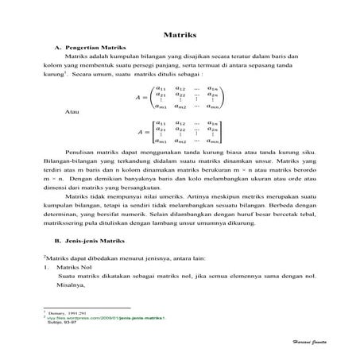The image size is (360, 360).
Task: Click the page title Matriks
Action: (180, 36)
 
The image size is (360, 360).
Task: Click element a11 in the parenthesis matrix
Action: (161, 87)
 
